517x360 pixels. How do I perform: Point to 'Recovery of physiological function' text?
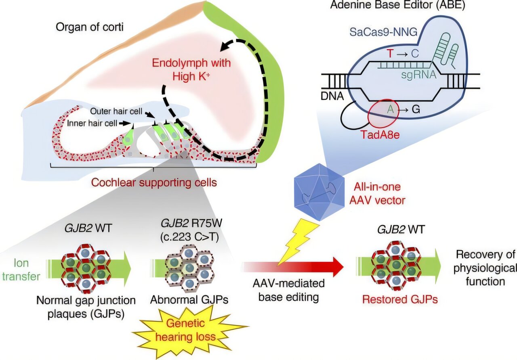[x=485, y=267]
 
